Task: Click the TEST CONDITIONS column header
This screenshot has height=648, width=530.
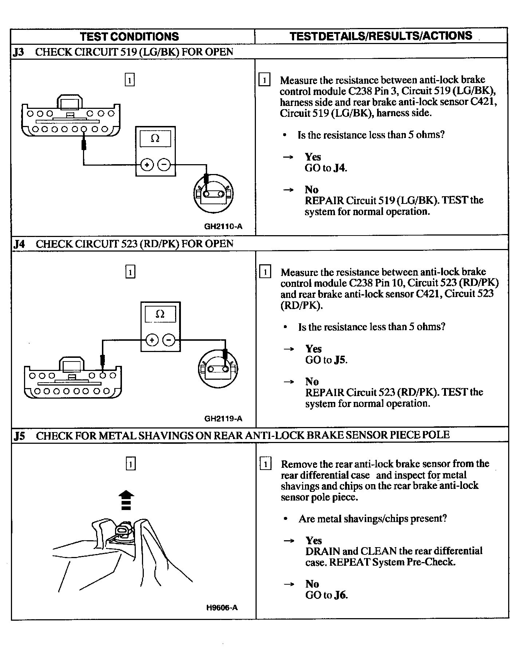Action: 130,36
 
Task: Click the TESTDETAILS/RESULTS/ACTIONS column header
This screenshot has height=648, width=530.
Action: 381,36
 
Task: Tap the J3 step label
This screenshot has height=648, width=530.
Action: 19,52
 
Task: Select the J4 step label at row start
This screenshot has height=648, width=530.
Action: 19,244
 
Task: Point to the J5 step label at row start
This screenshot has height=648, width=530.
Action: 19,436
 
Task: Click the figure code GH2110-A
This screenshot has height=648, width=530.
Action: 223,226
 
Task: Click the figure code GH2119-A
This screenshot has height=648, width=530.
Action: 223,418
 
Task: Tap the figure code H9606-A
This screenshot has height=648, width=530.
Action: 222,607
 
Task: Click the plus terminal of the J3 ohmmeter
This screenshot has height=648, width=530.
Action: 147,165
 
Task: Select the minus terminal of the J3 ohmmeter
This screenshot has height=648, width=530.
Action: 164,165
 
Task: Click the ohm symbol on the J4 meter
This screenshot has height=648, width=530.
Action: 160,314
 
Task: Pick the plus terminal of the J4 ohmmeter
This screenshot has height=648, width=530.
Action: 152,340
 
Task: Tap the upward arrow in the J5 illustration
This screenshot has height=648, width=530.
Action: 126,499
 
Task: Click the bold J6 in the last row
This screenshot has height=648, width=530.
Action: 341,595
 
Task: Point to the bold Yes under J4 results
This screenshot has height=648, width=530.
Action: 313,349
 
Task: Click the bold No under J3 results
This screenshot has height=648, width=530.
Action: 312,190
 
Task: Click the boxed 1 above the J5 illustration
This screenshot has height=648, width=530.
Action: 130,464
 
